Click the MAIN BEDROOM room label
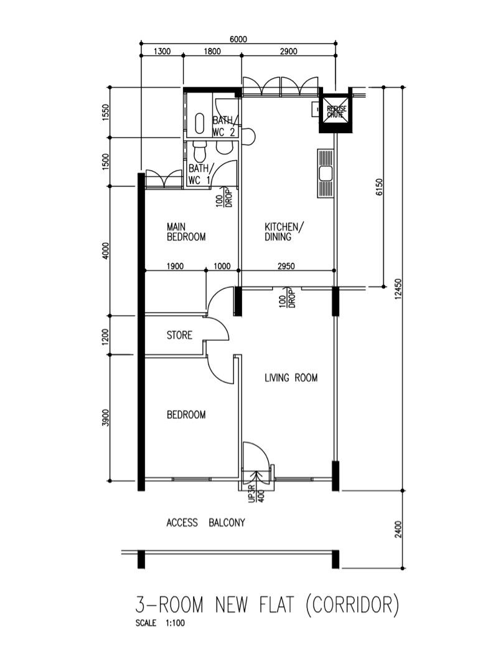186,232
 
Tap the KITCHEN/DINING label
284,232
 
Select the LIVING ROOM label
291,378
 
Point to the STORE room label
179,335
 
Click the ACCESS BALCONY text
205,523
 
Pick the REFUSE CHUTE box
337,112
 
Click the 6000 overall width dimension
238,39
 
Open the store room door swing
218,330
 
